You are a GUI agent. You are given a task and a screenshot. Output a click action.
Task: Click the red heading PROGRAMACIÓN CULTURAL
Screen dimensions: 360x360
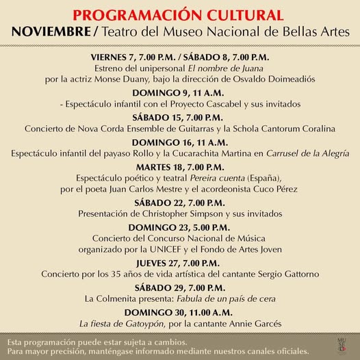(179, 15)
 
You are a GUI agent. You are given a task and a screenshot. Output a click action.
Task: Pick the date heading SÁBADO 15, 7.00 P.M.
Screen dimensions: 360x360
(179, 118)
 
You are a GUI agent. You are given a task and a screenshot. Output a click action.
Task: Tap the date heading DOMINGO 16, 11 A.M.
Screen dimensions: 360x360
(179, 142)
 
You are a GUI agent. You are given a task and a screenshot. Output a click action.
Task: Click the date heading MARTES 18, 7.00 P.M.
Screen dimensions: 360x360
(179, 166)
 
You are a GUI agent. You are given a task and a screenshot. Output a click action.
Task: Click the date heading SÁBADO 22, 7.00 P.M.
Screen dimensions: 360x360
(179, 202)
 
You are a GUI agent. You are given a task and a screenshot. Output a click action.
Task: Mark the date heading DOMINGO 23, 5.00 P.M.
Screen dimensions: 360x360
(179, 227)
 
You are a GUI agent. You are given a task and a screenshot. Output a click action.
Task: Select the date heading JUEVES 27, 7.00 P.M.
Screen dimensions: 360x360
(179, 262)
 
